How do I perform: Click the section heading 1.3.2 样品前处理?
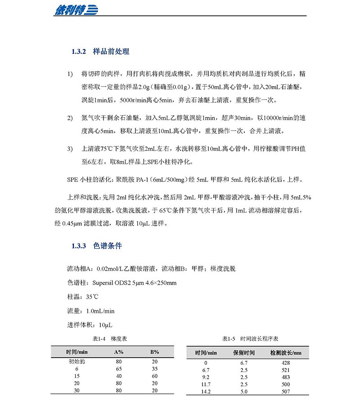pos(100,52)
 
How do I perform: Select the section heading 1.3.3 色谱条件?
pos(97,246)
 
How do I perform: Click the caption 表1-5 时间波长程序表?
pos(250,338)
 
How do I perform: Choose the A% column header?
pos(119,352)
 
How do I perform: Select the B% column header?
pos(154,352)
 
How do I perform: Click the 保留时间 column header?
pos(244,353)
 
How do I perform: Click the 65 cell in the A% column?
pos(119,368)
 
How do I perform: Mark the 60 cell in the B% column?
pos(154,376)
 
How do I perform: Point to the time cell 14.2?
pos(206,391)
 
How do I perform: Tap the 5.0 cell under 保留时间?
pos(244,391)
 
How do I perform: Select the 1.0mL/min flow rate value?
pos(100,311)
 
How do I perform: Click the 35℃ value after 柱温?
pos(92,297)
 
